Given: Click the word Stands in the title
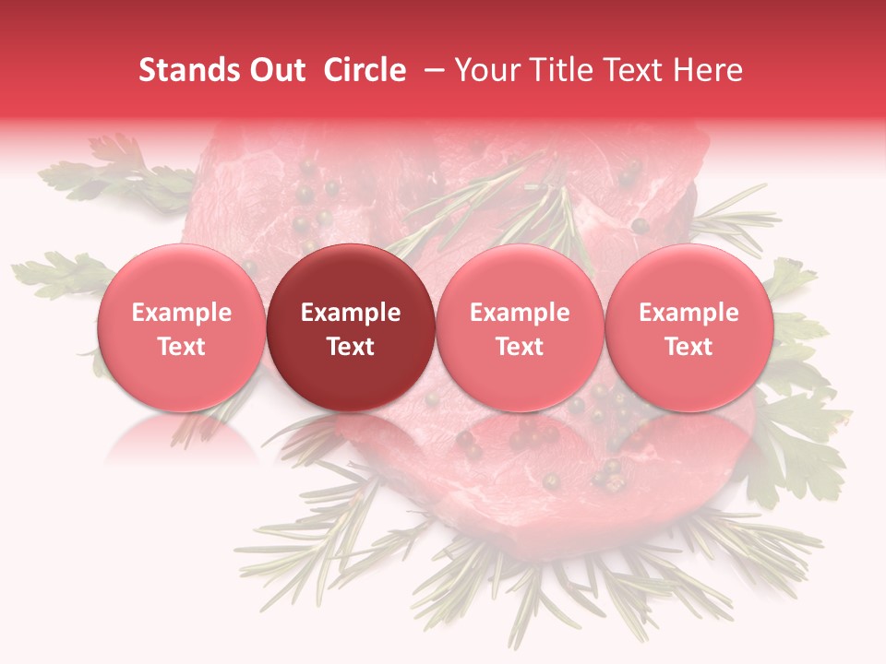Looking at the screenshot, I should tap(181, 70).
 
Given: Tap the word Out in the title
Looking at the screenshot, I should tap(275, 70).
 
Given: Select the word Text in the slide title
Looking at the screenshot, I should tap(637, 70).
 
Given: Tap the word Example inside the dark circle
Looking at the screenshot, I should tap(351, 313).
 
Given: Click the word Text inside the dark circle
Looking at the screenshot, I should tap(351, 347).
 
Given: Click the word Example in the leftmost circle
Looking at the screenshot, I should tap(181, 313).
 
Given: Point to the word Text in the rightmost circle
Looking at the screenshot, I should tap(689, 347).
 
